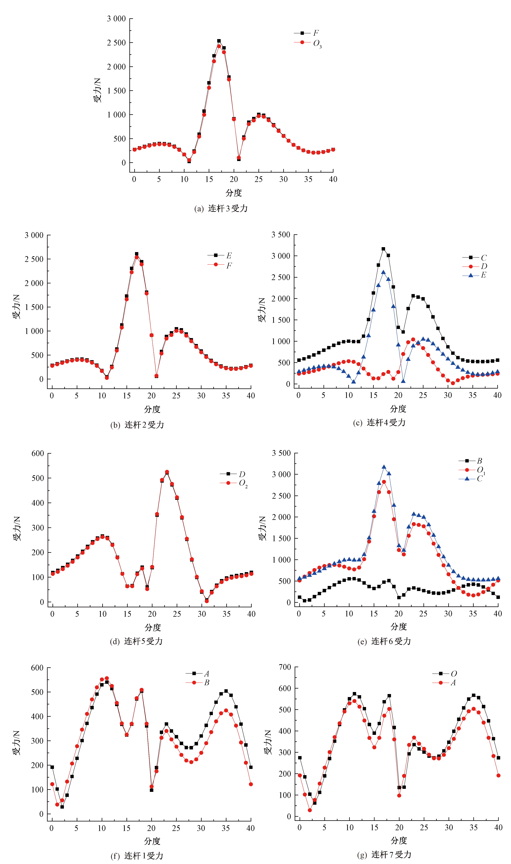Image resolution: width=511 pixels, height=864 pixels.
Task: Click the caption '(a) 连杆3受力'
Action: pos(221,208)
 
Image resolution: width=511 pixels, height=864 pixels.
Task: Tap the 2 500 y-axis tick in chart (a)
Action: pos(116,43)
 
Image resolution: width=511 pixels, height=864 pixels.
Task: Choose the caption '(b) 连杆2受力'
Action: pos(137,425)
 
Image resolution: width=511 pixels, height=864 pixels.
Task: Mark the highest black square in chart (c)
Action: pos(383,249)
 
